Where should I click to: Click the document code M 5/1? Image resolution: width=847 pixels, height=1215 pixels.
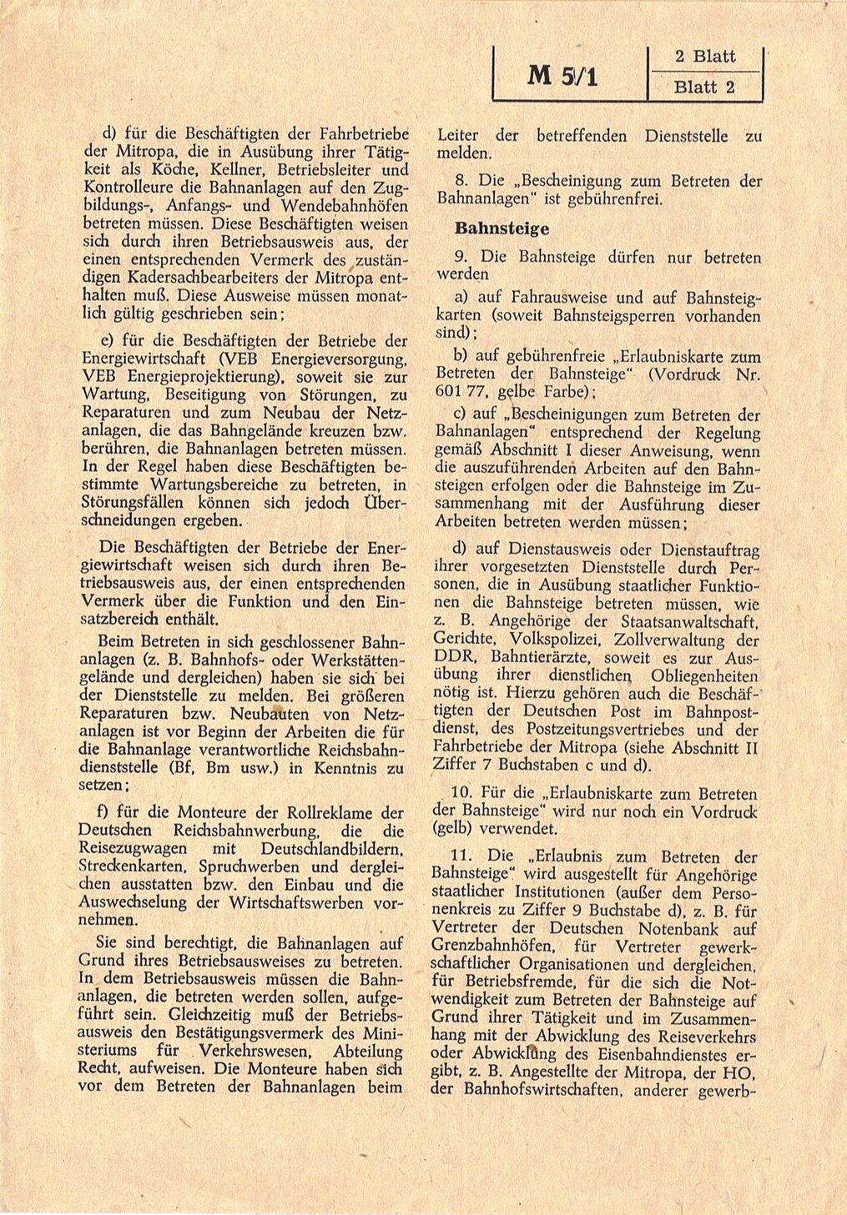[562, 77]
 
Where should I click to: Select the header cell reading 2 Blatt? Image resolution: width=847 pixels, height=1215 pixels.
[704, 57]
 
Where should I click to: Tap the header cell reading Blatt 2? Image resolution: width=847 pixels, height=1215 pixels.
[704, 87]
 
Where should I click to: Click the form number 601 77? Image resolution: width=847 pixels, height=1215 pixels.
[459, 392]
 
